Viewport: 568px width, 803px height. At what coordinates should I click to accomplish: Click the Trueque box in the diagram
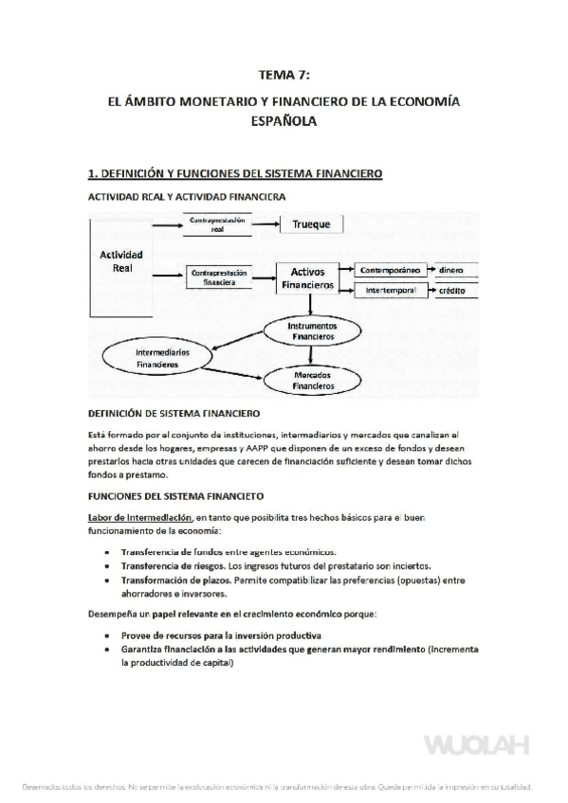tap(311, 225)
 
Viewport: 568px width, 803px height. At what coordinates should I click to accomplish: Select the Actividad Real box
tap(121, 262)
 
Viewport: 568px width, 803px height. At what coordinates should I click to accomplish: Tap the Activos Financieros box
tap(307, 277)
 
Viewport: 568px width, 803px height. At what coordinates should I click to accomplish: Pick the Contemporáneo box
tap(389, 269)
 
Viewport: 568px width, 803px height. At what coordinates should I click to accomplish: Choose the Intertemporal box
tap(389, 291)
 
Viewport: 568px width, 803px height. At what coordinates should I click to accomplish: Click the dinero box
tap(451, 269)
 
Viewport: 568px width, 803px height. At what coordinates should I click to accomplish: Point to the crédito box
tap(451, 291)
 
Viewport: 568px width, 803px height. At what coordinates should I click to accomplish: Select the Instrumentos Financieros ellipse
tap(312, 330)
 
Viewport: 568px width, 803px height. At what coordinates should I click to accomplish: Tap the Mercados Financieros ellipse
tap(312, 381)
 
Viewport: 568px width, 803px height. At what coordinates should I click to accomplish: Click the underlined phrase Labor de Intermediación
tap(140, 518)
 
